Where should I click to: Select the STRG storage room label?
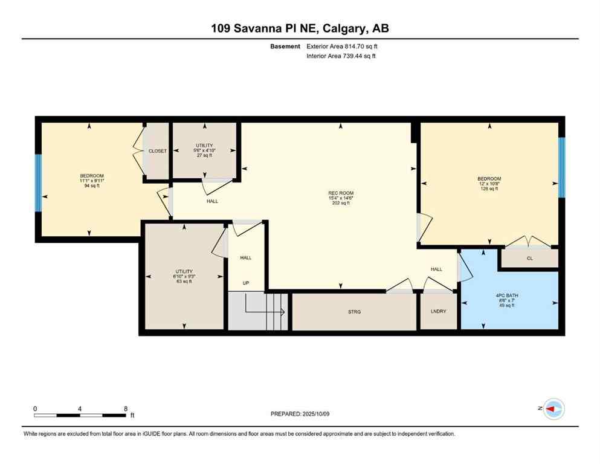[x=354, y=312]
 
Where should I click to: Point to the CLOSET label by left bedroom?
[x=157, y=151]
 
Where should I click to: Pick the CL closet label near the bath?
[x=529, y=258]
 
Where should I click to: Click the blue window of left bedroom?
[x=39, y=183]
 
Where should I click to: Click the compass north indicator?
[x=552, y=409]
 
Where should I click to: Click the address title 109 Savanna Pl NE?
[x=300, y=28]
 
